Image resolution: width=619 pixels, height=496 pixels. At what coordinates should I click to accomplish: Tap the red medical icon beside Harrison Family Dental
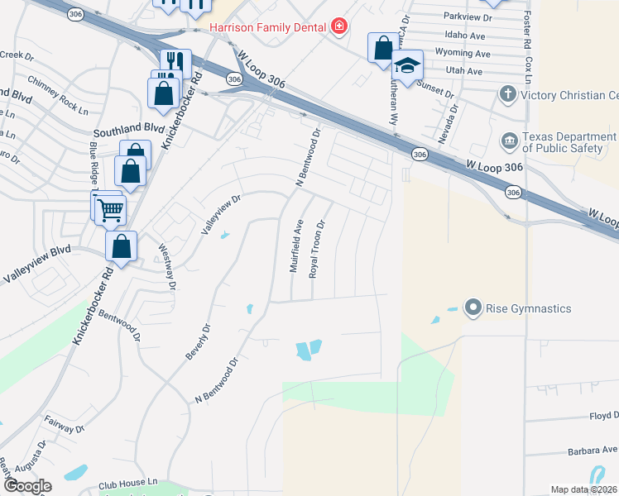coord(338,27)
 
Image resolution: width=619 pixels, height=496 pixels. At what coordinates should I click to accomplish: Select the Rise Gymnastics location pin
coord(473,308)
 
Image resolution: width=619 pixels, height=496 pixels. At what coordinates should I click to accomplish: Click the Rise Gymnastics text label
coord(530,308)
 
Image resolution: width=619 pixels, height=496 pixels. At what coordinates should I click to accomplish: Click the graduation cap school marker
coord(407,66)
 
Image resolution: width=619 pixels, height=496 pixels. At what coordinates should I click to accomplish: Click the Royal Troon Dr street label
coord(316,249)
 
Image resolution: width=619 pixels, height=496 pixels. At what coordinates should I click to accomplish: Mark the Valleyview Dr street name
coord(222,214)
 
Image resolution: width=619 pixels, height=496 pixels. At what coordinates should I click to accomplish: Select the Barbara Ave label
coord(591,451)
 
